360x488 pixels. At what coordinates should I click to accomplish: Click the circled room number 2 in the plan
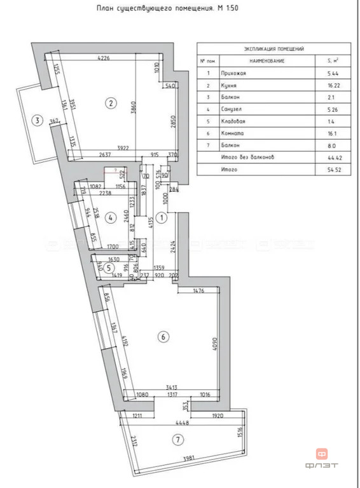coord(111,102)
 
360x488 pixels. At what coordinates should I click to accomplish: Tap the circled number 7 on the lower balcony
coord(178,438)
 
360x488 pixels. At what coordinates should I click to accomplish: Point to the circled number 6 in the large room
coord(164,337)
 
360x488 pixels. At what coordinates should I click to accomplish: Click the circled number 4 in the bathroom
coord(111,218)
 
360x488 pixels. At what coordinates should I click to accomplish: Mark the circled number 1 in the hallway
coord(162,218)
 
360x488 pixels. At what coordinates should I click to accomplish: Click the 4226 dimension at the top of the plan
coord(104,58)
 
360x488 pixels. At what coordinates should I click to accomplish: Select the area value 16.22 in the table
coord(329,86)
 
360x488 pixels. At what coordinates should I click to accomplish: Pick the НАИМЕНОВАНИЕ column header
coord(267,60)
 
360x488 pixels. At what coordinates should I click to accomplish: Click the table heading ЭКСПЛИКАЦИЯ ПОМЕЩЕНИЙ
coord(273,48)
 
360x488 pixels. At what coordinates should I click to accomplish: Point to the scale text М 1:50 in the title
coord(240,9)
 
